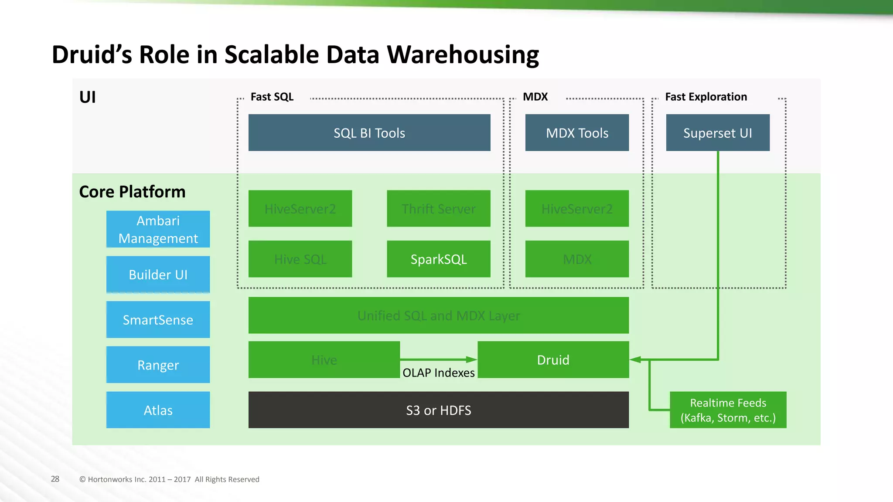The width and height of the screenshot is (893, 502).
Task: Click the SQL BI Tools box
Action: pos(369,133)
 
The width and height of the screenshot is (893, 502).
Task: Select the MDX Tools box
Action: pos(577,133)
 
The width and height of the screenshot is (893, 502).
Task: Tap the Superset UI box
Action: pos(718,133)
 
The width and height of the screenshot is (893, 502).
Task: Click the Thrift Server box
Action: pos(438,209)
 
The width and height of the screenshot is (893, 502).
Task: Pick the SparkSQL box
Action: pos(438,259)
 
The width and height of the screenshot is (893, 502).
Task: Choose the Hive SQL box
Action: pos(300,259)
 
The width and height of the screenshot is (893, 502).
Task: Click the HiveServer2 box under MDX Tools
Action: pos(577,209)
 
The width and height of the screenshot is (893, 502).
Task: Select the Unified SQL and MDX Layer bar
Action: pos(438,315)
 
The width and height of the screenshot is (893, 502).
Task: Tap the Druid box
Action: pos(553,360)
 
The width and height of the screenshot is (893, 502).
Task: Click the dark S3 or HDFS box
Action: pos(438,410)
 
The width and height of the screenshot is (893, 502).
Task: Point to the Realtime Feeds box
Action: pos(728,410)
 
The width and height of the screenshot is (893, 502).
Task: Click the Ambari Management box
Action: pos(158,229)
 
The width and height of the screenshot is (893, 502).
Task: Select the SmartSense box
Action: pos(158,320)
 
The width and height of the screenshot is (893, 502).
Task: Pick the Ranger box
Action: pos(158,365)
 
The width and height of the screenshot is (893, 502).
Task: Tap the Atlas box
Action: pos(158,410)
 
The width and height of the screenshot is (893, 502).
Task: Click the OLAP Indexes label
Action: pos(438,373)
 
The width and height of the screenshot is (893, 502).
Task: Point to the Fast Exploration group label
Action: pos(706,97)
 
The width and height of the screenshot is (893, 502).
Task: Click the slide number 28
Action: pos(55,479)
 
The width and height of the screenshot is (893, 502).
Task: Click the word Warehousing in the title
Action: pos(463,55)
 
